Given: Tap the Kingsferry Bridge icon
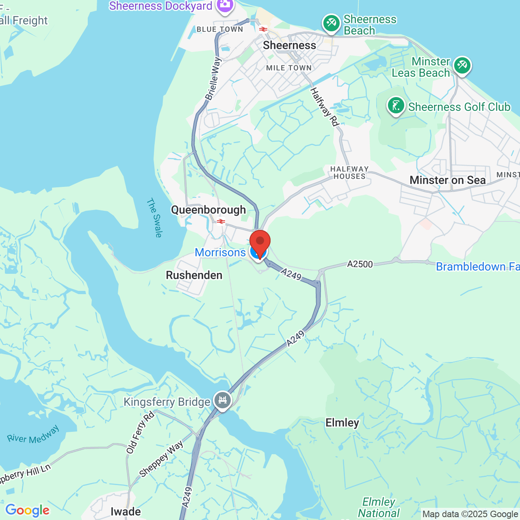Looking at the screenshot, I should tap(222, 400).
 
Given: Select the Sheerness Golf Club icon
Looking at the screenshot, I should tap(396, 106).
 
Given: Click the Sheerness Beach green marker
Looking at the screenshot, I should tap(331, 23).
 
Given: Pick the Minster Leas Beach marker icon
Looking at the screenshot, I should tap(462, 65).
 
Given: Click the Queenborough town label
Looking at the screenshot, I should tap(208, 210).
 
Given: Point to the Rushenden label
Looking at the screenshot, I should tap(194, 275).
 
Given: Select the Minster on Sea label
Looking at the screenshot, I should tap(447, 180).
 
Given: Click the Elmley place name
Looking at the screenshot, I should tap(342, 423).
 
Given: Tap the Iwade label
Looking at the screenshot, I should tap(126, 511).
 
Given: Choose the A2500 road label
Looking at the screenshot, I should tap(360, 264).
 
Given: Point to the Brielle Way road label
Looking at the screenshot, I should tap(213, 78).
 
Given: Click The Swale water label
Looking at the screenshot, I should tap(155, 217).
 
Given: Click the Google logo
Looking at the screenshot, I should tap(27, 510).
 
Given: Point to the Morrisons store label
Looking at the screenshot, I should tap(220, 253).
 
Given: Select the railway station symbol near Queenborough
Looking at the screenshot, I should tap(221, 221).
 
